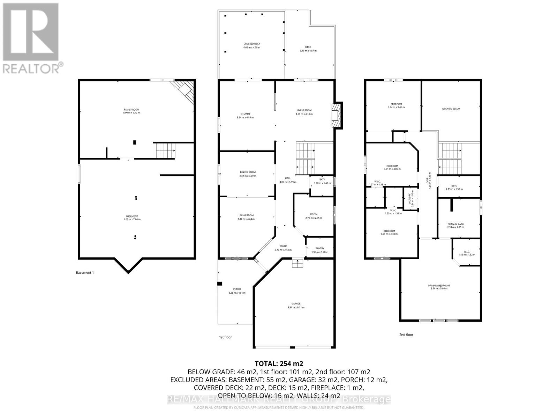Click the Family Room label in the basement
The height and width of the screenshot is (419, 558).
pos(131,110)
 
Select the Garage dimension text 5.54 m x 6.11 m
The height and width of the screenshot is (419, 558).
pos(296,308)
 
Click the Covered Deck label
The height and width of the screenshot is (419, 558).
pos(251,44)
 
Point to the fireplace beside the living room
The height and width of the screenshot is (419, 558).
pos(337,115)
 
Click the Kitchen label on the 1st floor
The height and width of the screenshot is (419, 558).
pos(245,114)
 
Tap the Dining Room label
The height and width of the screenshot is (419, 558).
pos(248,172)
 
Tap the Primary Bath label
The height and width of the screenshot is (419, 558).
pos(455,224)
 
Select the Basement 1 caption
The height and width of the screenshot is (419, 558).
pos(85,273)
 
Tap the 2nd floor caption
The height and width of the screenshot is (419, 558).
pos(406,335)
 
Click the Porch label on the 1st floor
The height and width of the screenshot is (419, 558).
pos(237,289)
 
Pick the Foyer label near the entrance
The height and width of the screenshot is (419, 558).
pos(283,246)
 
